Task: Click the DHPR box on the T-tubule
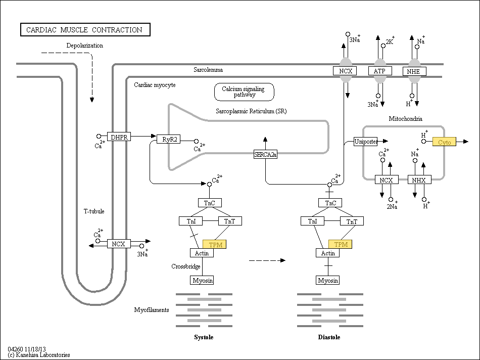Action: pyautogui.click(x=119, y=137)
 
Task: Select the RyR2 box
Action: pyautogui.click(x=169, y=139)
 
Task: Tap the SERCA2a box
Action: pyautogui.click(x=265, y=154)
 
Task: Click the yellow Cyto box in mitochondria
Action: pyautogui.click(x=444, y=142)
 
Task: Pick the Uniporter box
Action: pyautogui.click(x=365, y=141)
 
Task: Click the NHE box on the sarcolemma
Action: pyautogui.click(x=414, y=71)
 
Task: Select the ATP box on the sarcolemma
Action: pyautogui.click(x=380, y=71)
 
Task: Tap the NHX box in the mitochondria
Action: pyautogui.click(x=419, y=180)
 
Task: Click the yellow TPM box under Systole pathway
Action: pyautogui.click(x=215, y=244)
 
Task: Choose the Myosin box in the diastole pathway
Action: pyautogui.click(x=328, y=280)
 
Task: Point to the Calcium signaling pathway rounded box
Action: pyautogui.click(x=244, y=92)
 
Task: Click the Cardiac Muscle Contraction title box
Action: pyautogui.click(x=85, y=30)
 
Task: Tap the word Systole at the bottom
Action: pyautogui.click(x=204, y=337)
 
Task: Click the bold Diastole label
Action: pyautogui.click(x=329, y=337)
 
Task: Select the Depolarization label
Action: pyautogui.click(x=85, y=46)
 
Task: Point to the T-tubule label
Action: pyautogui.click(x=94, y=211)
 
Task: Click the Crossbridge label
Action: pyautogui.click(x=186, y=266)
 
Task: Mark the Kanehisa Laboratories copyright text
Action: pyautogui.click(x=39, y=355)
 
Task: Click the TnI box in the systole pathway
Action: pyautogui.click(x=190, y=221)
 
